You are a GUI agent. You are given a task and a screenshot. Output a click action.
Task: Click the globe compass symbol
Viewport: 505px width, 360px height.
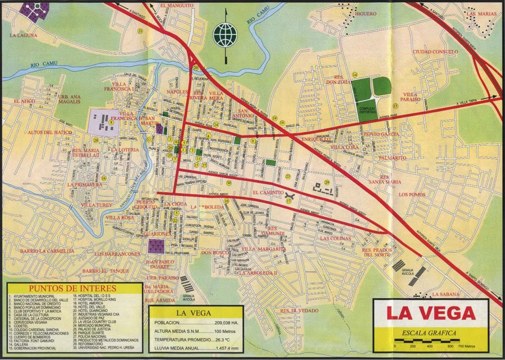226,34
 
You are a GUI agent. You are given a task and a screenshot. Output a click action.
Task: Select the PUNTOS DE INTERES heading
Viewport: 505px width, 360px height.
74,289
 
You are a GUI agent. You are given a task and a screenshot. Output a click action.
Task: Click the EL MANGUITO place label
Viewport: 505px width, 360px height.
177,6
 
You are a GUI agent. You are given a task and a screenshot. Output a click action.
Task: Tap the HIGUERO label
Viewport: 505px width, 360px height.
366,13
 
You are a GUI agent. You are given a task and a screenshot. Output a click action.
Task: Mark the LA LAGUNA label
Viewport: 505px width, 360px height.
24,35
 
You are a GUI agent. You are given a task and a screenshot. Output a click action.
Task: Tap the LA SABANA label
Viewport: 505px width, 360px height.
446,294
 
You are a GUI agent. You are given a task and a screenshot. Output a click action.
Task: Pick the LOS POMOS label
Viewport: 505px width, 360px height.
412,194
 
